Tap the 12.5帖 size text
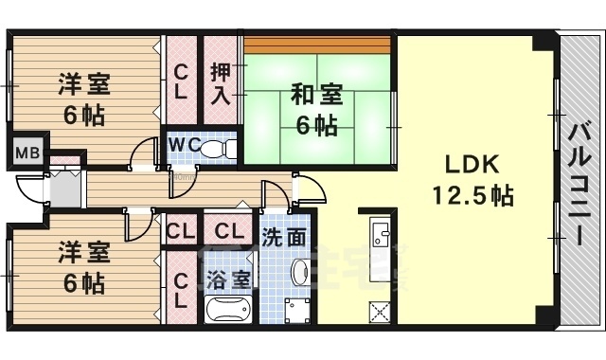pos(472,196)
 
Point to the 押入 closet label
pos(220,82)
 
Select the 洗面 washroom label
pos(283,238)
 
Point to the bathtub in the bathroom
pos(228,310)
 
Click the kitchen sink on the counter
pos(381,236)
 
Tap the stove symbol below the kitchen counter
pos(381,310)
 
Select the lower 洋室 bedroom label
pos(83,253)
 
